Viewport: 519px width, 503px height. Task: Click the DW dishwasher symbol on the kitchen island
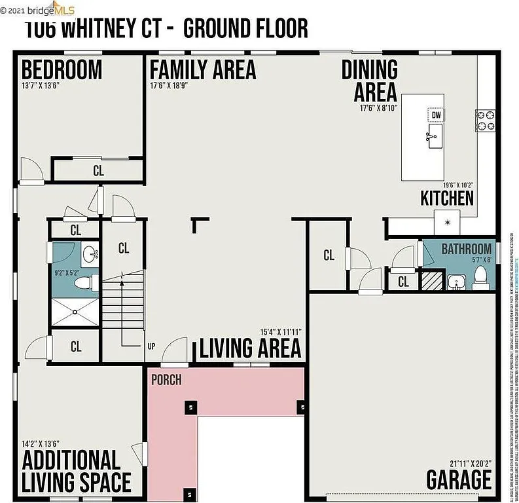coord(436,115)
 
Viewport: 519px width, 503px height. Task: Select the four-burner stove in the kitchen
coord(486,120)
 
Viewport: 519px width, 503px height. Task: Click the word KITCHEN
coord(447,198)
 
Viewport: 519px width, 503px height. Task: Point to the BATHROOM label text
coord(466,249)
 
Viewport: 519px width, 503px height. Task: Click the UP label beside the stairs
coord(151,346)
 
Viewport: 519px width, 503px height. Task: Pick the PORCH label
coord(166,380)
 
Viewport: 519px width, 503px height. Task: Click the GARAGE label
coord(459,480)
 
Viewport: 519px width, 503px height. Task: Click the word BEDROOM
coord(62,69)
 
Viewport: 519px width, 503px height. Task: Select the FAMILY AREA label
coord(203,69)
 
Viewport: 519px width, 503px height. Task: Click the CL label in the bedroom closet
coord(98,171)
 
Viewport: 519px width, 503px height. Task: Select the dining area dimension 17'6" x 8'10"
coord(378,108)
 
